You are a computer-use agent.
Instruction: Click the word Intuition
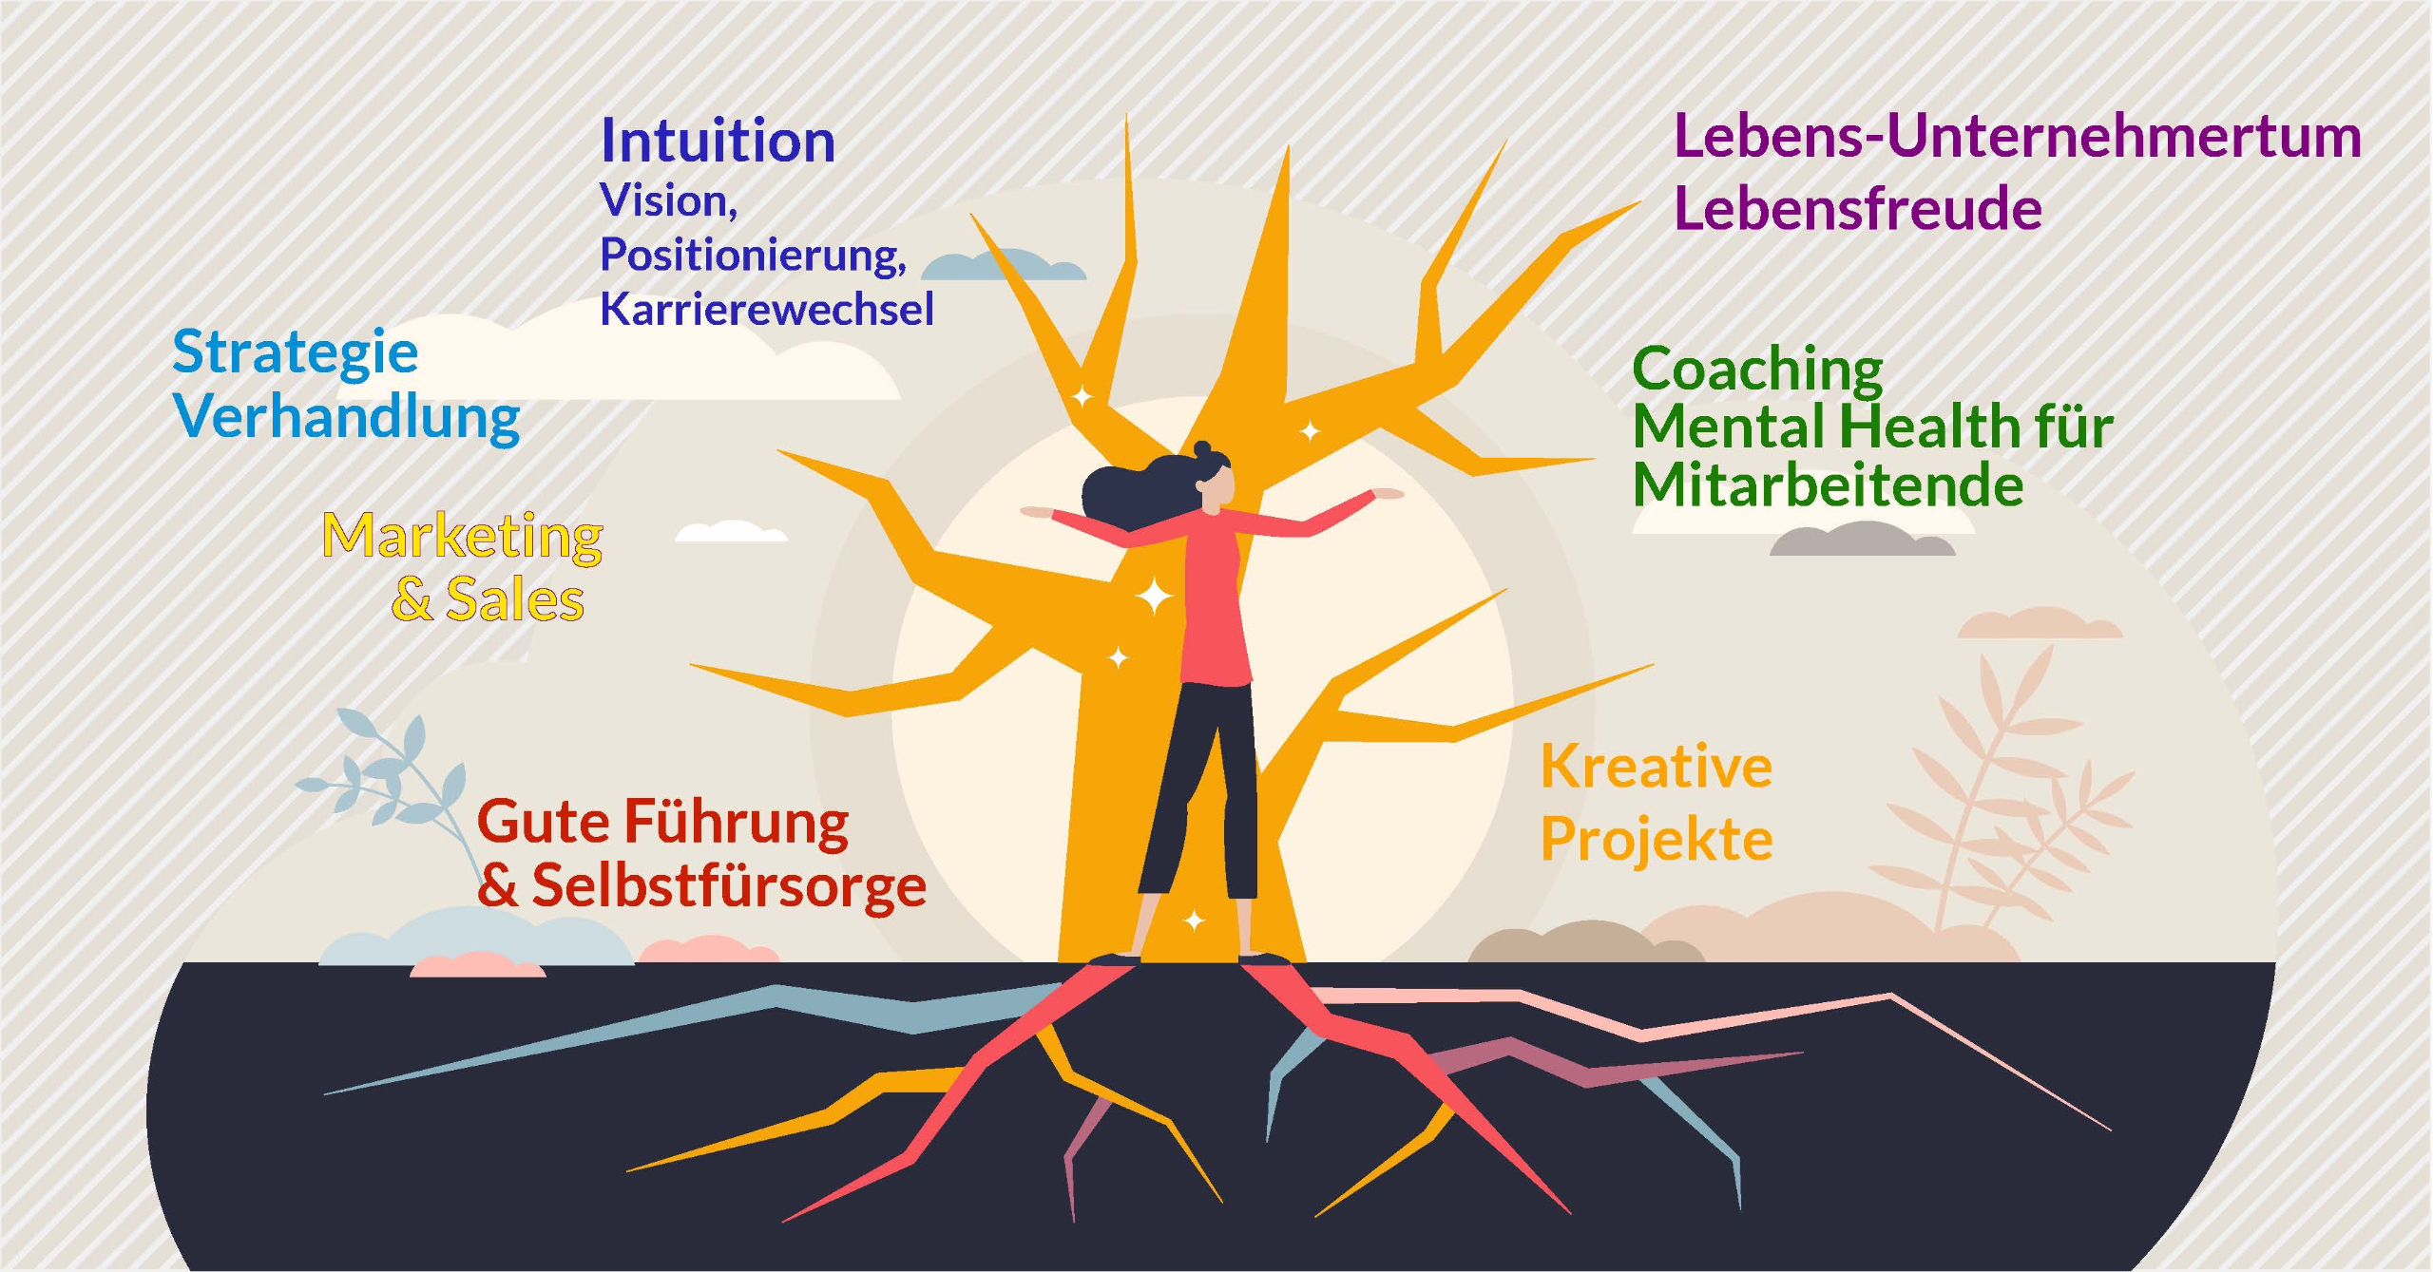[718, 142]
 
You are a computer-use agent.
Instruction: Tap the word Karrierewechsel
[767, 309]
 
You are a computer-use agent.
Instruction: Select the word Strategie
[295, 353]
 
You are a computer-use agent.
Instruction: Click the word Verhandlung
[347, 417]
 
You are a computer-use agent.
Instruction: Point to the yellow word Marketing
[462, 537]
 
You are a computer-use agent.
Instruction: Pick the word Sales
[514, 600]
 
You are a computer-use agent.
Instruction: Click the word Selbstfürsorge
[729, 885]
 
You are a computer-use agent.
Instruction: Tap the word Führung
[736, 822]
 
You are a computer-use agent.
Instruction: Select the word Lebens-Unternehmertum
[2016, 136]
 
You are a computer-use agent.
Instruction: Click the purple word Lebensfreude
[1857, 209]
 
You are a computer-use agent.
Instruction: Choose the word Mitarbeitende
[1828, 485]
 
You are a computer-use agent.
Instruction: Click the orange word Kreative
[1656, 767]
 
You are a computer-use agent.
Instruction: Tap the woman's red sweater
[1215, 608]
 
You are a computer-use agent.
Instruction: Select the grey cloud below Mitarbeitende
[1861, 541]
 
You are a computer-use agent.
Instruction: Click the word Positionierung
[753, 255]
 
